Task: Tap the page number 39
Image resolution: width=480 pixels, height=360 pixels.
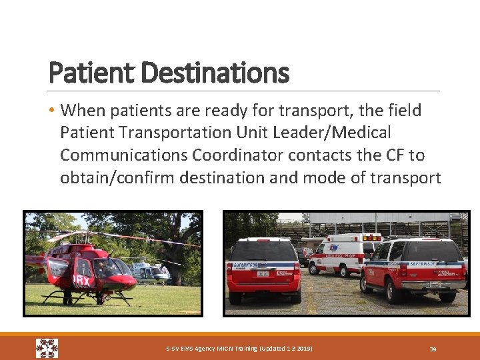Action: coord(432,349)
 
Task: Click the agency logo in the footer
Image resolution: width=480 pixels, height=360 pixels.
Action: coord(47,348)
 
